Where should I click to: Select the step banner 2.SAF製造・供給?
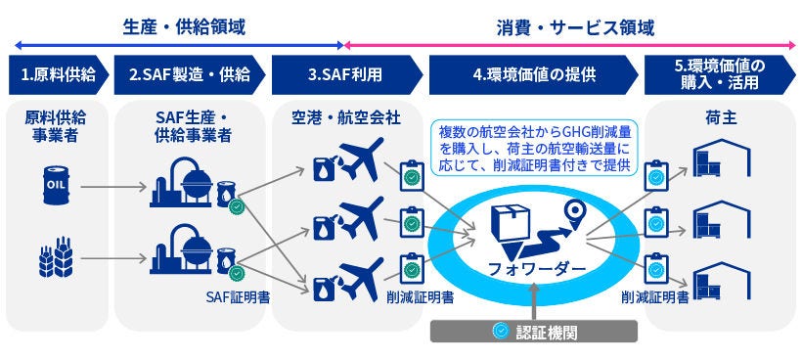click(x=190, y=74)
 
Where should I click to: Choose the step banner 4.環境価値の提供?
click(x=533, y=74)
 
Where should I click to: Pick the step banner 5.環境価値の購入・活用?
click(x=720, y=74)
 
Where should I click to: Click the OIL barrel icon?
click(x=57, y=185)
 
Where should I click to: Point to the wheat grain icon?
click(x=56, y=256)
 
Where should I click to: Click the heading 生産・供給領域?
click(x=184, y=27)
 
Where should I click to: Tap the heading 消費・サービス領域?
click(x=575, y=27)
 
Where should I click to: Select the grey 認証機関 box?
click(x=534, y=331)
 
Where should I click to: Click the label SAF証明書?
click(x=238, y=297)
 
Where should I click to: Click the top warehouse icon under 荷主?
click(x=722, y=157)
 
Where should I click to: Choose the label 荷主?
click(x=721, y=118)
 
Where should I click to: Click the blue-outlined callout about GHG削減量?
click(x=534, y=149)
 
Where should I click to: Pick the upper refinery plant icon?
click(x=182, y=182)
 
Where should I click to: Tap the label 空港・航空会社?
click(x=346, y=118)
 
